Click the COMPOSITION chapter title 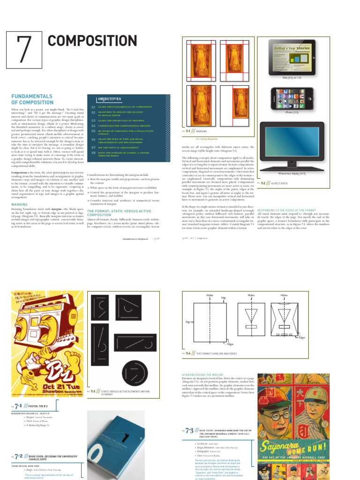[x=92, y=41]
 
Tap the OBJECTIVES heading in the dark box [x=110, y=99]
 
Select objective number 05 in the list [x=93, y=132]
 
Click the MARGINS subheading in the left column [x=20, y=204]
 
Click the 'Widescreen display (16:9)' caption [x=292, y=173]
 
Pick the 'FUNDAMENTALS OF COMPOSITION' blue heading [x=32, y=99]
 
